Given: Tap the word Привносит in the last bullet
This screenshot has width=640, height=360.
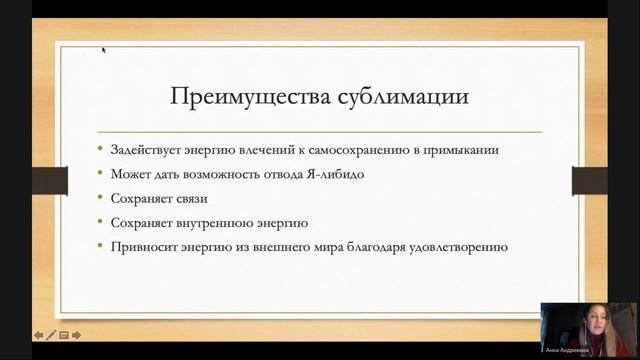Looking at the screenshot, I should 142,246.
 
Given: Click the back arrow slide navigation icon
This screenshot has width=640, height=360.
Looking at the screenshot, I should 39,335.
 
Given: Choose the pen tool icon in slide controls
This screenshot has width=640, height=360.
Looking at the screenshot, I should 51,335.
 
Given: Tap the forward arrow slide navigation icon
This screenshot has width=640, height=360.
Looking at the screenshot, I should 76,335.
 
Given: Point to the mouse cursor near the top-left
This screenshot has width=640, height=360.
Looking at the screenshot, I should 103,48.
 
